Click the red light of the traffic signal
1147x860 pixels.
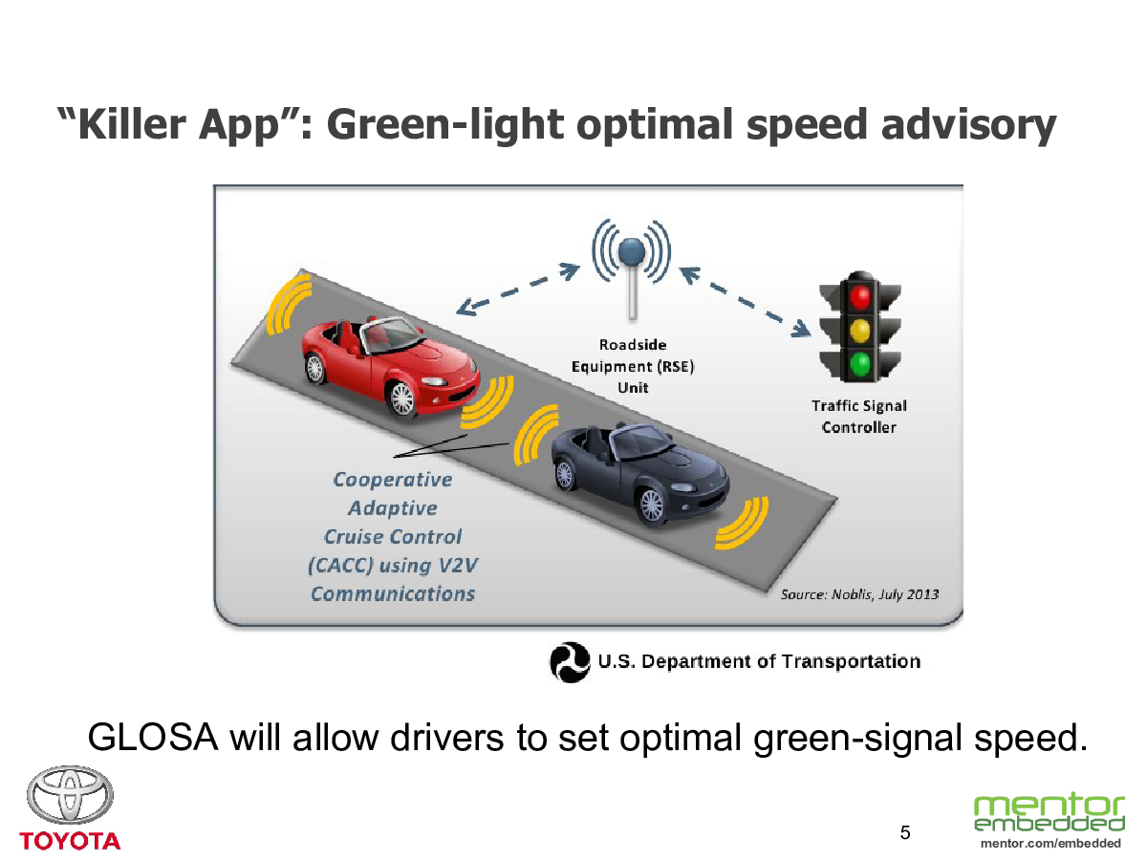[x=860, y=297]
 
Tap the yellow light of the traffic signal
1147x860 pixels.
[x=860, y=331]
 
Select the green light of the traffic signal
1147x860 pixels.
[x=860, y=364]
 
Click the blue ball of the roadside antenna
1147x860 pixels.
[x=632, y=251]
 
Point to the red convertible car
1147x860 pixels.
[x=390, y=367]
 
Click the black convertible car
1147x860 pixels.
[x=640, y=473]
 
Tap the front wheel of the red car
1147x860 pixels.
[x=401, y=399]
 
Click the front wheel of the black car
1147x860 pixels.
[x=651, y=505]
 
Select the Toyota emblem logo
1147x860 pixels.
[x=70, y=795]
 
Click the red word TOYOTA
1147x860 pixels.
[x=70, y=841]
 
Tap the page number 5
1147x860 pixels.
[x=905, y=832]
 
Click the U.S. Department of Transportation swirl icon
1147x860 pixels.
[x=570, y=662]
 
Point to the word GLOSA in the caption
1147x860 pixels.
[x=153, y=738]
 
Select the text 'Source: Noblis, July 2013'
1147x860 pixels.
[x=859, y=594]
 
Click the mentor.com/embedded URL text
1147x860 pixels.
[x=1050, y=844]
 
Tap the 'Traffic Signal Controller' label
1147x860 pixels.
[x=859, y=417]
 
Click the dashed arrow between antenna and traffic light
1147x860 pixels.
[x=745, y=302]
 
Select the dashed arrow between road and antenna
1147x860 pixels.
[x=518, y=290]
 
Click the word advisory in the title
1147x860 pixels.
[x=968, y=126]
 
